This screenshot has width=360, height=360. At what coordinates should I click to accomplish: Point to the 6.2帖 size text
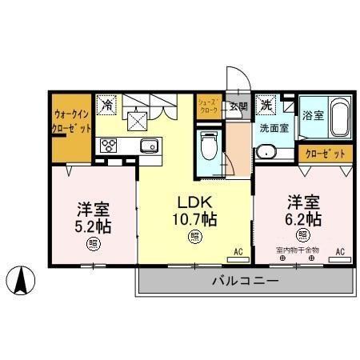pos(305,217)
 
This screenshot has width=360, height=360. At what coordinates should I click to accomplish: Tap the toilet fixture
pos(209,149)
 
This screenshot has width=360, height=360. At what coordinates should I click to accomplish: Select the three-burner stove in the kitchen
pos(109,146)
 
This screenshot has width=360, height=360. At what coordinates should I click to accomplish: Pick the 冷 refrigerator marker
pos(107,103)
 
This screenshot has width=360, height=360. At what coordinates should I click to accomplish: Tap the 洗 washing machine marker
pos(266,102)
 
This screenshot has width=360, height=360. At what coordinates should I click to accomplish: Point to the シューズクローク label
pos(208,107)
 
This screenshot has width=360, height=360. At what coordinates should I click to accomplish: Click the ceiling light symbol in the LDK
pos(194,236)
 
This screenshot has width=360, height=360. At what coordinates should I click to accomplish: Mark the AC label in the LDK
pos(237,252)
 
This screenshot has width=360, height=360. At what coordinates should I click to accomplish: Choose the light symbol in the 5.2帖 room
pos(94,244)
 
